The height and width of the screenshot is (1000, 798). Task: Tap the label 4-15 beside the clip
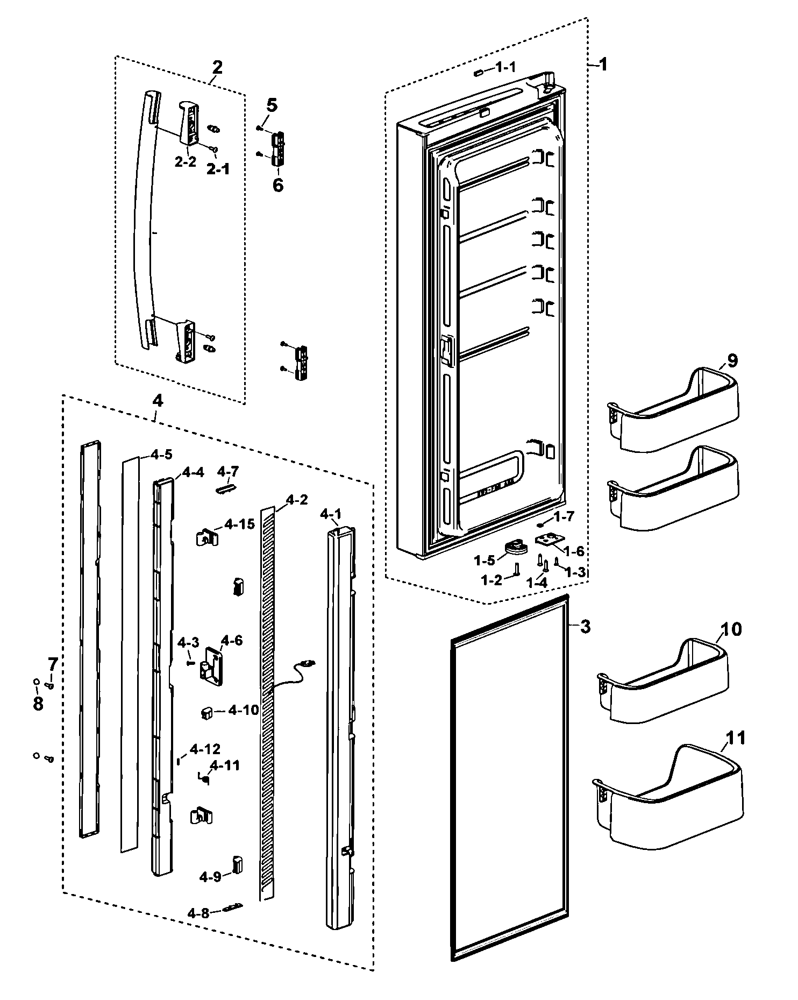click(239, 523)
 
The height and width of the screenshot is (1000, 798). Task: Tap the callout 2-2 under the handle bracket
click(186, 162)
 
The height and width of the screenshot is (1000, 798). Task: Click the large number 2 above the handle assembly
click(217, 68)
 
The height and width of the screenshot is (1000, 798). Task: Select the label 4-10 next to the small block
click(243, 710)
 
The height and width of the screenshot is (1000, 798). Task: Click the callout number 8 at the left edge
click(38, 704)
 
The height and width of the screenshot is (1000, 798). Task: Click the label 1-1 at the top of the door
click(505, 67)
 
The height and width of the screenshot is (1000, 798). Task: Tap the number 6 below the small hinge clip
click(277, 185)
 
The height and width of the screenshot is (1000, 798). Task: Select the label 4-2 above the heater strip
click(297, 500)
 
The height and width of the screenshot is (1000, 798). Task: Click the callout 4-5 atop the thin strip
click(161, 454)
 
